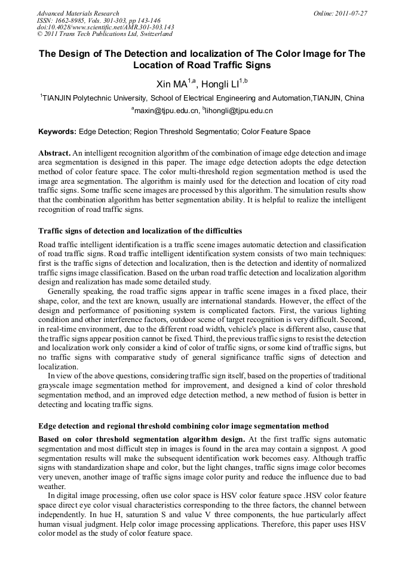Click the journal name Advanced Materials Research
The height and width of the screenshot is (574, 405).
pyautogui.click(x=78, y=13)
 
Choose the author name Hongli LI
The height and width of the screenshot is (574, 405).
pyautogui.click(x=219, y=84)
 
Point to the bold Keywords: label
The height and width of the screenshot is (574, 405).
pyautogui.click(x=57, y=131)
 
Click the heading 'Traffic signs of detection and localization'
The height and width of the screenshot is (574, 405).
pyautogui.click(x=140, y=230)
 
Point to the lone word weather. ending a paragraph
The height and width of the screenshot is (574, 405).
pyautogui.click(x=52, y=487)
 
